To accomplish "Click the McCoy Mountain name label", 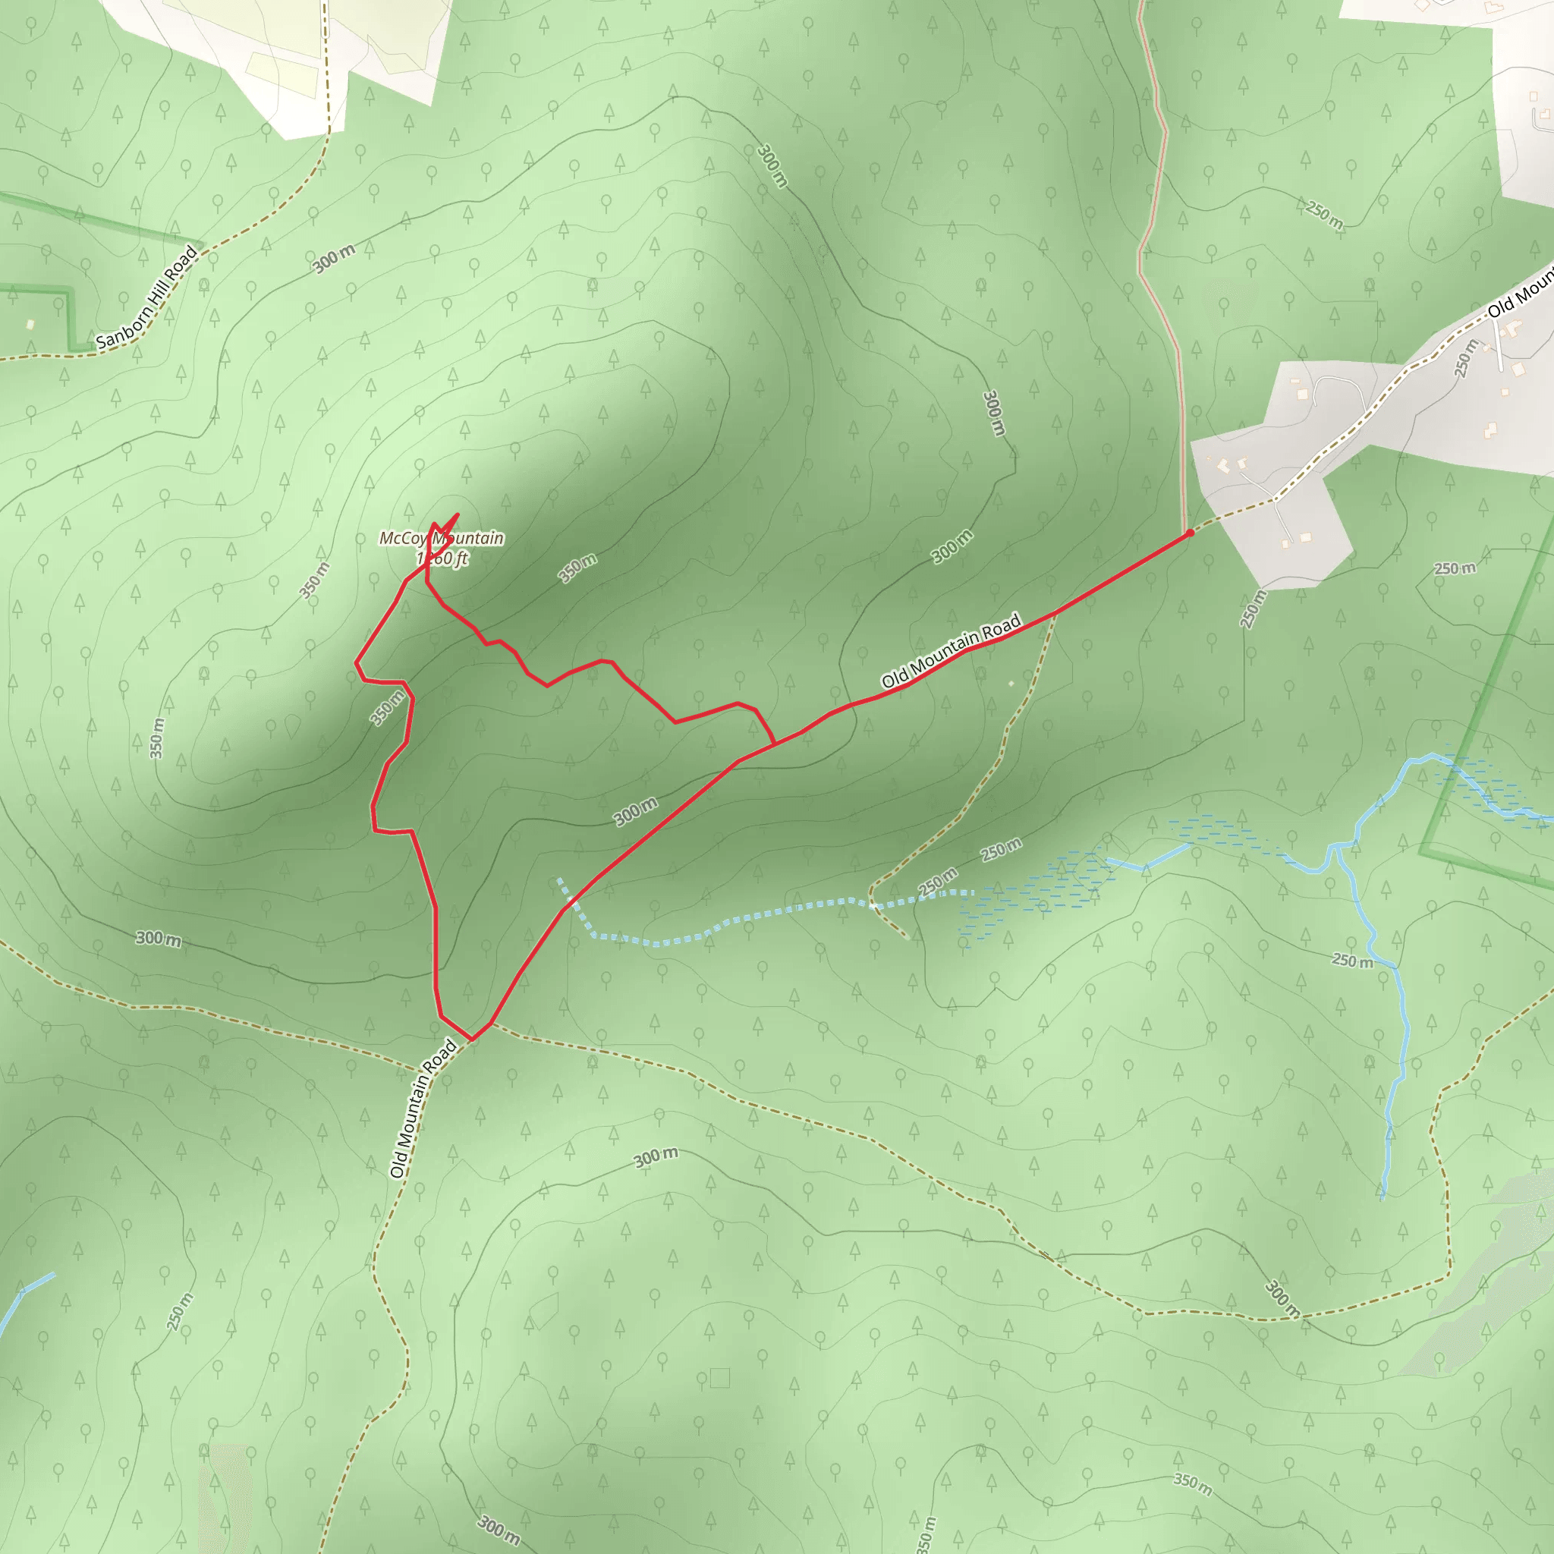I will coord(442,538).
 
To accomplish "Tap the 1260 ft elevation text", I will coord(442,558).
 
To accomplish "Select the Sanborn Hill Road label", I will coord(146,297).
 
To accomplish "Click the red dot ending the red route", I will coord(1190,533).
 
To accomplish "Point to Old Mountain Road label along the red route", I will coord(951,652).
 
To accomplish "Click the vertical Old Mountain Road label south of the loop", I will coord(423,1109).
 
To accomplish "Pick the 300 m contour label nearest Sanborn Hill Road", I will coord(334,259).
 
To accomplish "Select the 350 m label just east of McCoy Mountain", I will coord(577,568).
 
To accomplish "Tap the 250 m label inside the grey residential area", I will coord(1465,359).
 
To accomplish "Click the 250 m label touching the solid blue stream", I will coord(1353,961).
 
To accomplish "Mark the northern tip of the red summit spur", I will coord(458,514).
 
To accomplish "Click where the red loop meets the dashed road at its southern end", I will coord(470,1040).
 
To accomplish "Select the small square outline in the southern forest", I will coord(720,1379).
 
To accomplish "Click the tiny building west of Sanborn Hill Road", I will coord(30,324).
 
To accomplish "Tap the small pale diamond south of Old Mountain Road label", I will coord(1011,684).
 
